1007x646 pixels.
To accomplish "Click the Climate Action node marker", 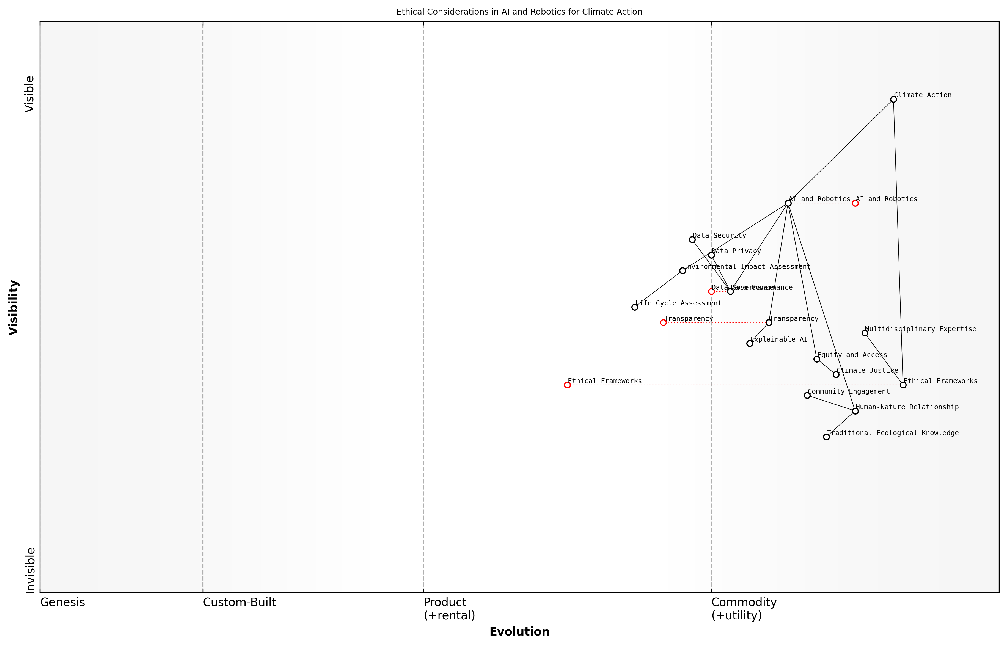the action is [893, 100].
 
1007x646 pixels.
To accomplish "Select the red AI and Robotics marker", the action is [855, 203].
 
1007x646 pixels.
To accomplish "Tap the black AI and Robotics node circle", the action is [788, 203].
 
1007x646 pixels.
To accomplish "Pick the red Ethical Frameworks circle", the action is [567, 385].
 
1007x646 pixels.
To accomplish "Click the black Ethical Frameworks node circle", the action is [903, 385].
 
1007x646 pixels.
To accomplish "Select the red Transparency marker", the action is [663, 322].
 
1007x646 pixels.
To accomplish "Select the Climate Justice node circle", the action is [836, 375].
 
